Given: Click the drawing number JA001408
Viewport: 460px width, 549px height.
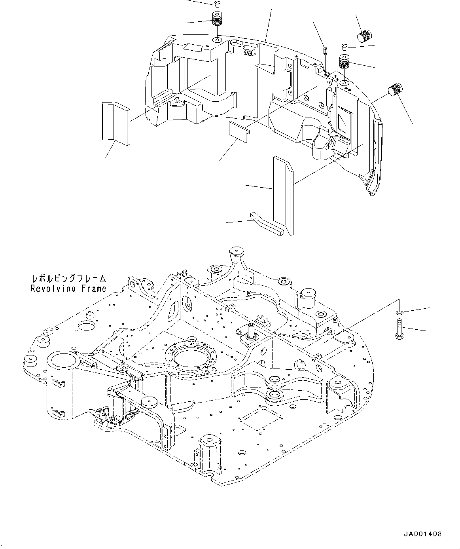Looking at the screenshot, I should tap(423, 534).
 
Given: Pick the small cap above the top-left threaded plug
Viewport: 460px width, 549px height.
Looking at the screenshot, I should tap(216, 4).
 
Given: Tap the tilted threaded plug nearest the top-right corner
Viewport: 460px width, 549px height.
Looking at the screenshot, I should tap(365, 36).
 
